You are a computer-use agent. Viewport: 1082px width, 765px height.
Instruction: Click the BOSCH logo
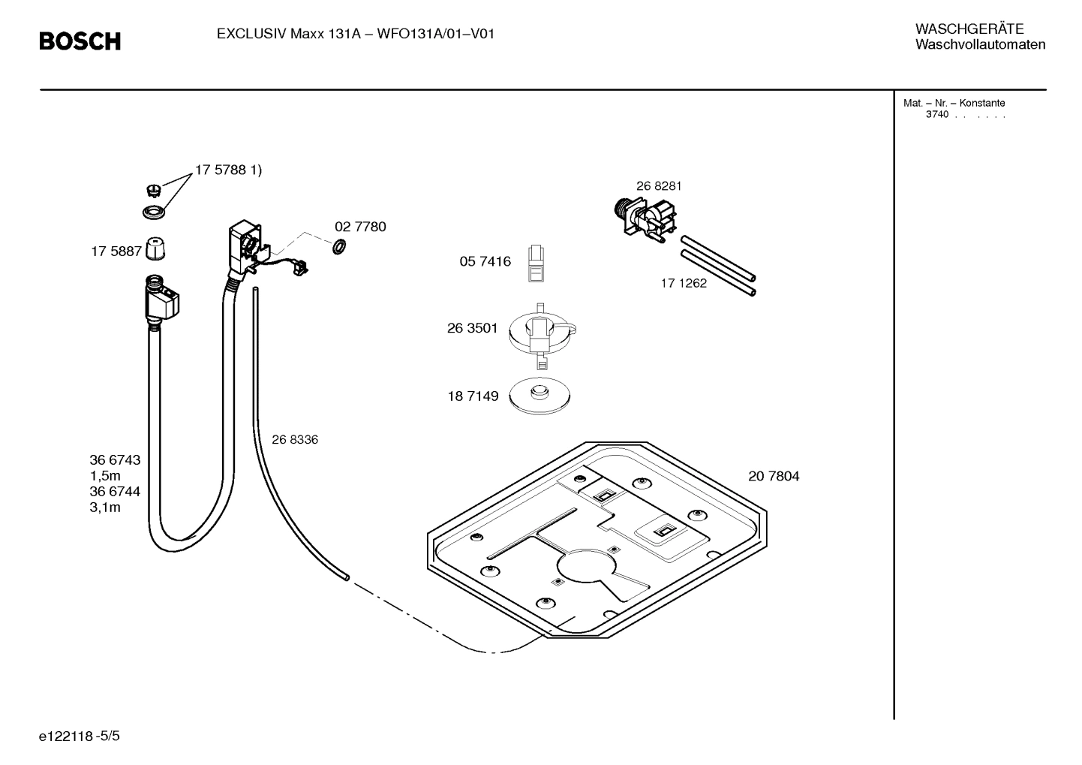click(x=80, y=41)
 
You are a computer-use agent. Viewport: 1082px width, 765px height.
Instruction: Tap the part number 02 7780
click(x=360, y=227)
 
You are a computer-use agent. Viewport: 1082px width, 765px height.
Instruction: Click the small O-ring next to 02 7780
click(x=338, y=245)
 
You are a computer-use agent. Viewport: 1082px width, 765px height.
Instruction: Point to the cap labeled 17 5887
click(x=155, y=248)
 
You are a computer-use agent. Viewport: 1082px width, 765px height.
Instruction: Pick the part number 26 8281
click(x=659, y=186)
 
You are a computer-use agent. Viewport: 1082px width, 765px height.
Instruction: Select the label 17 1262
click(x=684, y=283)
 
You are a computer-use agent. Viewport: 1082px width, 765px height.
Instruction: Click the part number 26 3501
click(x=472, y=328)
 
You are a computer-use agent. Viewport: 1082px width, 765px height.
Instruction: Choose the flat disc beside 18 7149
click(x=539, y=396)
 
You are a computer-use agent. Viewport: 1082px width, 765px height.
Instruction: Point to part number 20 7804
click(x=774, y=476)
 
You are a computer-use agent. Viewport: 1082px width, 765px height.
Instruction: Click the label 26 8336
click(x=295, y=440)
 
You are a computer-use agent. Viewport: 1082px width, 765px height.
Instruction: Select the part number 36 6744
click(x=115, y=492)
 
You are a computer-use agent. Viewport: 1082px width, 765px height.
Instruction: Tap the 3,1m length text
click(x=105, y=507)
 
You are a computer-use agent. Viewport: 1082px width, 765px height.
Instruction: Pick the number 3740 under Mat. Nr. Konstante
click(x=936, y=115)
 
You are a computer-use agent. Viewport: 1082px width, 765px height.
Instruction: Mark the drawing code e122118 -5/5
click(x=80, y=736)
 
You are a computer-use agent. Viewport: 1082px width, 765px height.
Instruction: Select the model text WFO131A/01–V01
click(x=435, y=34)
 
